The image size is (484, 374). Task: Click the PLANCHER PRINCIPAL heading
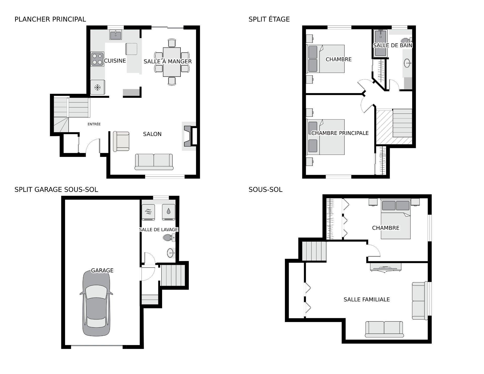click(50, 19)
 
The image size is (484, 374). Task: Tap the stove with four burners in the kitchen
click(97, 59)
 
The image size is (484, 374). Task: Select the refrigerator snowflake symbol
click(97, 88)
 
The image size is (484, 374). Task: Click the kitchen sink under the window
click(116, 35)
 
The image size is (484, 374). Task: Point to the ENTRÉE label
click(94, 124)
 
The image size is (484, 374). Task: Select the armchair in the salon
click(121, 141)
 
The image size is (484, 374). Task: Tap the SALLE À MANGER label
click(168, 61)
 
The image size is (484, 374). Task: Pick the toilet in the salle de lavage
click(169, 237)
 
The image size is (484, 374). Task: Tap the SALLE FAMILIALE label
click(367, 299)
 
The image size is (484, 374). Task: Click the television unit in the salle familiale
click(385, 267)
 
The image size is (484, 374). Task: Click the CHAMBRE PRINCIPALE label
click(340, 133)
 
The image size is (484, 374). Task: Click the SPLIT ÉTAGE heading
click(269, 19)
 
